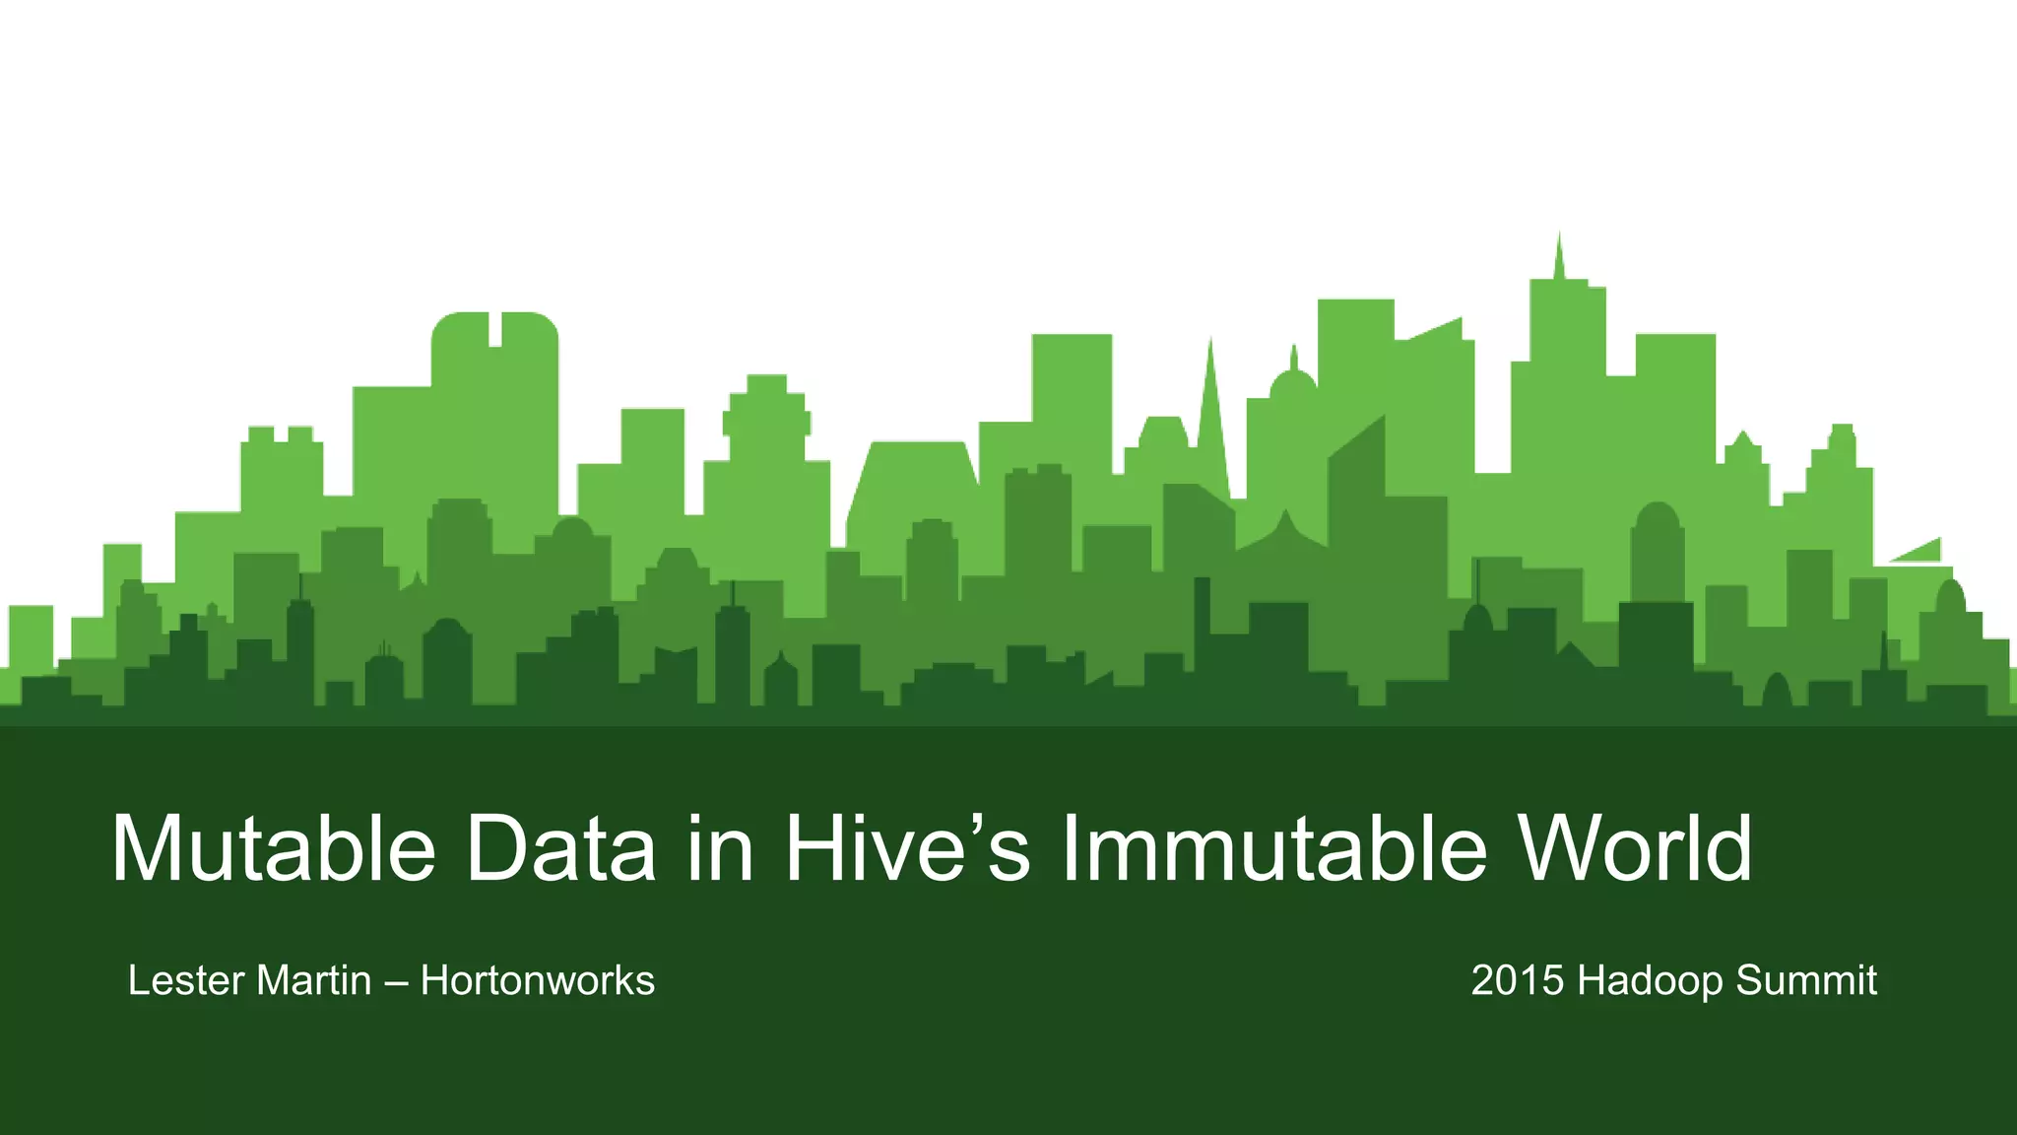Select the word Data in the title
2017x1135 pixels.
tap(560, 848)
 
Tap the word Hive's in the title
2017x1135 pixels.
tap(907, 848)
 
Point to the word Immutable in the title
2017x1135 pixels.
tap(1272, 848)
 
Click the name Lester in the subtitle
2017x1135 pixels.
tap(186, 981)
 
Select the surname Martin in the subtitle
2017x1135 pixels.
tap(314, 981)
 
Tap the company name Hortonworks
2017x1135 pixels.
tap(538, 981)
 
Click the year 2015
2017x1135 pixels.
tap(1518, 981)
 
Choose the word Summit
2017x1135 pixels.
tap(1806, 981)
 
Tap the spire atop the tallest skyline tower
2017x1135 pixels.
tap(1558, 258)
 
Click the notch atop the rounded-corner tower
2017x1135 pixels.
tap(495, 329)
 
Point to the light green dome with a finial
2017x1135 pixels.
tap(1293, 379)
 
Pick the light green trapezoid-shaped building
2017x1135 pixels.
tap(911, 483)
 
